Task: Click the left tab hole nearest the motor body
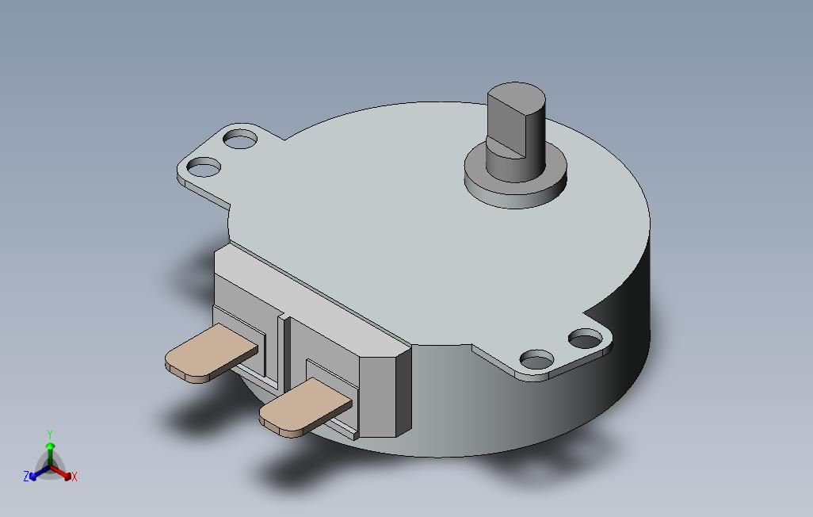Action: pos(240,140)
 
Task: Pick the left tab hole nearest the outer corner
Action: pos(204,167)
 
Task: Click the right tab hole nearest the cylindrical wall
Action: pos(586,340)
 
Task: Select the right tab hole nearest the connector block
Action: pos(536,360)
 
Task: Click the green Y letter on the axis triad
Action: pos(49,435)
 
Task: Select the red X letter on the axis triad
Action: pos(74,477)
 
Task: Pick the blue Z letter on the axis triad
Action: pos(26,477)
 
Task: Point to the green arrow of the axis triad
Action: pos(50,452)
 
